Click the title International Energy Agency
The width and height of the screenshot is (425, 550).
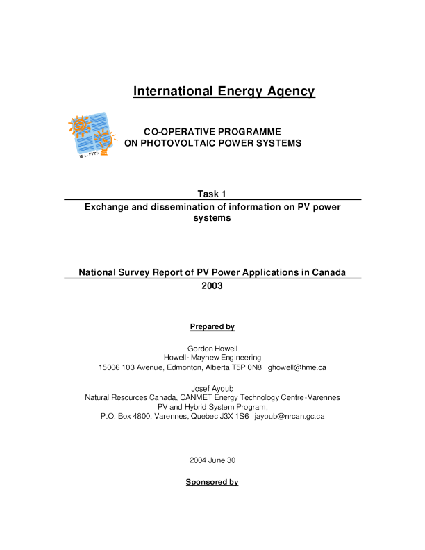click(224, 91)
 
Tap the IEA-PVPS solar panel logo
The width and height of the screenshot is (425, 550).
click(89, 135)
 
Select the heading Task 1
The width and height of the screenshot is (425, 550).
click(212, 193)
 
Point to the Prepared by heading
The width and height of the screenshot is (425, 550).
click(212, 326)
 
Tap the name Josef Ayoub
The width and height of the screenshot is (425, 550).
click(212, 387)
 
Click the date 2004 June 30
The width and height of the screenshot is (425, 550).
click(212, 460)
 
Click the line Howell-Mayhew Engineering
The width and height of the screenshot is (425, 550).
click(212, 358)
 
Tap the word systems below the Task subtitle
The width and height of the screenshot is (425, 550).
click(212, 217)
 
